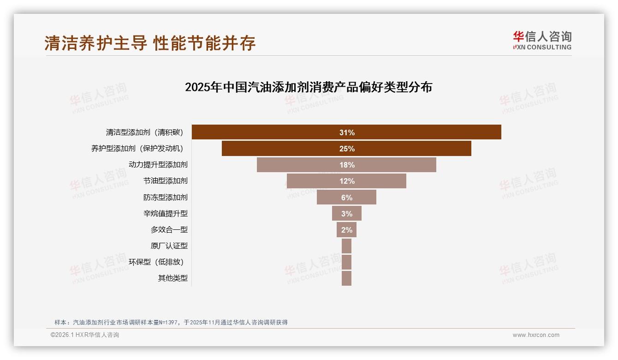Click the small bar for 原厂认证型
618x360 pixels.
[346, 246]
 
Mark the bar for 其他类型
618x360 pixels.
[346, 278]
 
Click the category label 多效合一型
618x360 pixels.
[169, 230]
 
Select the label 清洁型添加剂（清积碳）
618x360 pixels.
[145, 132]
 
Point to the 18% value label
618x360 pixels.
[347, 165]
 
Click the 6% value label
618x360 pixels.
[347, 198]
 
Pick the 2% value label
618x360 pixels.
[347, 230]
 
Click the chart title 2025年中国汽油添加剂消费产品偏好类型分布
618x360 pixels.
[308, 87]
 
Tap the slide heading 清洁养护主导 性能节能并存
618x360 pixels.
[150, 43]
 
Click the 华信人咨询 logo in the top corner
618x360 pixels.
[542, 41]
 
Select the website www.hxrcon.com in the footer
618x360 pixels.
[536, 335]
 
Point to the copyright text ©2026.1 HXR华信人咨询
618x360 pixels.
[85, 335]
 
